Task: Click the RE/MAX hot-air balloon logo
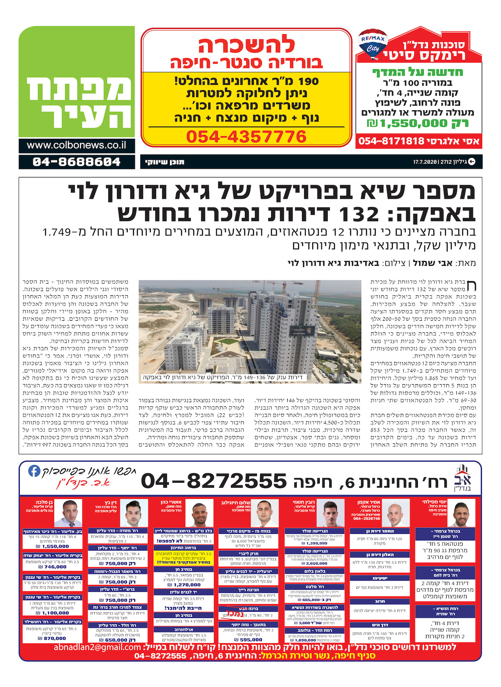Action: click(373, 43)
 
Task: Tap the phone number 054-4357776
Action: click(246, 137)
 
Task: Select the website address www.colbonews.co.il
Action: click(76, 145)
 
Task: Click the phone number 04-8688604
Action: click(76, 162)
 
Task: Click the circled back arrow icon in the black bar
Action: click(472, 162)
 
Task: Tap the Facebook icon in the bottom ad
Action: click(34, 471)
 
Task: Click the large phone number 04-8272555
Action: click(214, 482)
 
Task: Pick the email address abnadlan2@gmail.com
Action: click(97, 648)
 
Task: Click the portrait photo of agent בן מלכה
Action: click(68, 514)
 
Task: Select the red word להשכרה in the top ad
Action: click(246, 45)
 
